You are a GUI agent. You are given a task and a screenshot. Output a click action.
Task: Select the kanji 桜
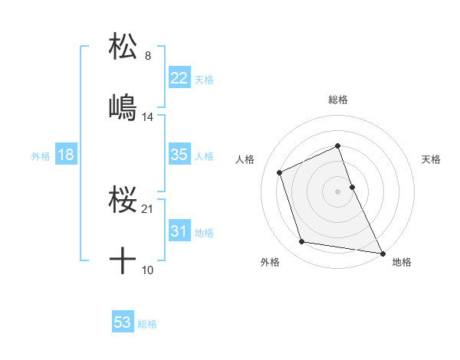click(x=123, y=200)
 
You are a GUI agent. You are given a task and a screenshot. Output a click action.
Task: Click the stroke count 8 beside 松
click(x=148, y=56)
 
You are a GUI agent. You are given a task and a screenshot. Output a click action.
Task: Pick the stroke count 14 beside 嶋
click(x=148, y=117)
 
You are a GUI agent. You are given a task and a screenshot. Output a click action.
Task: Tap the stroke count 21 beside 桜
click(x=148, y=209)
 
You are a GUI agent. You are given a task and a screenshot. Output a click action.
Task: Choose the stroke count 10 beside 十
click(x=148, y=270)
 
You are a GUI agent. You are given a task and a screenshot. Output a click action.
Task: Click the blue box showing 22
click(x=179, y=78)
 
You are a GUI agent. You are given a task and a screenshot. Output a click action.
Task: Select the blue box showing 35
click(x=179, y=155)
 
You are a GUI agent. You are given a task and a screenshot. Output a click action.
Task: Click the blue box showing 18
click(x=66, y=155)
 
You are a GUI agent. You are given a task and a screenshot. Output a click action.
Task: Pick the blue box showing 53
click(x=123, y=322)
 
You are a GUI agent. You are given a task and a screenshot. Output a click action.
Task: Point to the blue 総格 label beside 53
click(x=147, y=324)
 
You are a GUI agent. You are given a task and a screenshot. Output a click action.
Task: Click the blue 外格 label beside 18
click(x=41, y=156)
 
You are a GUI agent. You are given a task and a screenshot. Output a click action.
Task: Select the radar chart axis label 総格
click(x=338, y=100)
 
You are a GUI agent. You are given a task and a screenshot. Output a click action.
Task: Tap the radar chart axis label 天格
click(x=432, y=159)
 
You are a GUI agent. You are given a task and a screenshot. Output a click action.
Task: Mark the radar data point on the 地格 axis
click(x=382, y=252)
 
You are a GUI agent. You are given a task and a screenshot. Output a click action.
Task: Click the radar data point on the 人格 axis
click(x=281, y=172)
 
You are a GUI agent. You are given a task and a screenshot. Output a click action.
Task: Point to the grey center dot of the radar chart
click(x=338, y=191)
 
